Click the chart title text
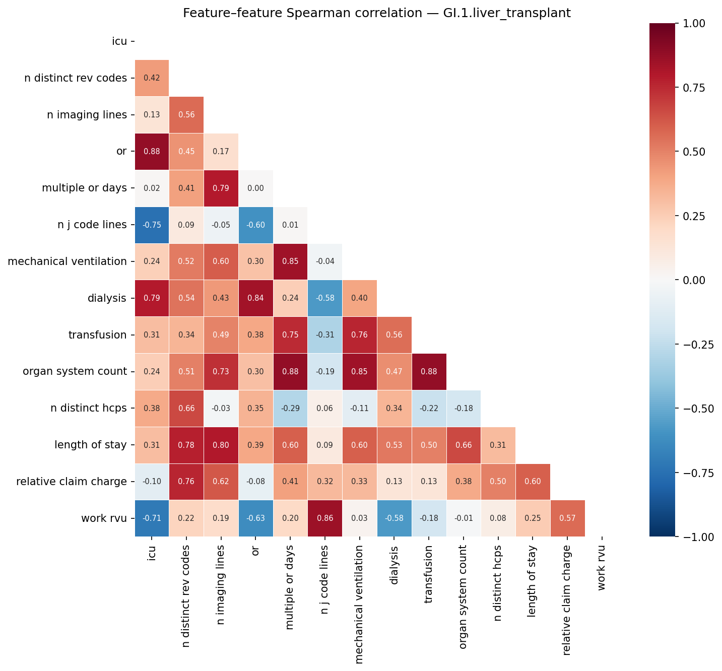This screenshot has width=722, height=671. click(377, 13)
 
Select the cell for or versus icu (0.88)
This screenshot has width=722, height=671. click(152, 152)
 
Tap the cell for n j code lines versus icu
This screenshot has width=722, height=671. click(152, 225)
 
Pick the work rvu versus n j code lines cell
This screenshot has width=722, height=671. click(325, 518)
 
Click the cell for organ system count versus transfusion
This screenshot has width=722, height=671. click(429, 372)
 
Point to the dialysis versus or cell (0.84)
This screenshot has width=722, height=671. click(255, 298)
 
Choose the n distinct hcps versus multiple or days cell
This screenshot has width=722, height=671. click(290, 409)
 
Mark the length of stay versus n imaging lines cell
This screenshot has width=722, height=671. click(221, 445)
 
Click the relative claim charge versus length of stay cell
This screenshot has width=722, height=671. click(533, 482)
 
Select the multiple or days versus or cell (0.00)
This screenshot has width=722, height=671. click(255, 188)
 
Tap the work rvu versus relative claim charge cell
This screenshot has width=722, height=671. click(567, 518)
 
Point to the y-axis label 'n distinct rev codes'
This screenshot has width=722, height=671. click(76, 78)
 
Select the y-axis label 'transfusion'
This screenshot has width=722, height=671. click(97, 335)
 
